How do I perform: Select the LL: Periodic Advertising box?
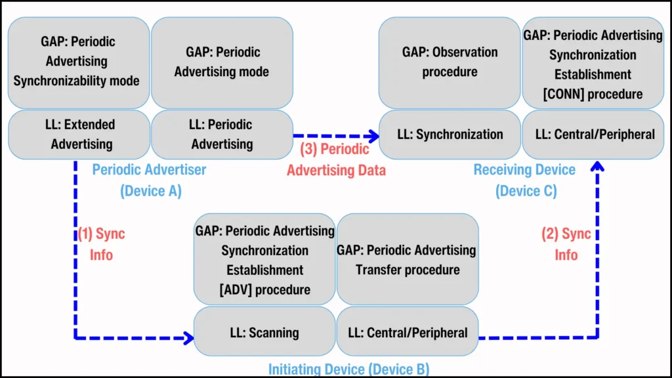pos(222,134)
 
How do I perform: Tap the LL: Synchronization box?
pos(450,135)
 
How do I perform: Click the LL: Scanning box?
pos(264,332)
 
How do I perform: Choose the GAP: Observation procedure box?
pos(450,62)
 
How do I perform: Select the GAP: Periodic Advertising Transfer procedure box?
pos(407,259)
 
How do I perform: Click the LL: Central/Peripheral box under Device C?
pos(593,135)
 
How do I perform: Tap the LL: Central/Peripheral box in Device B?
pos(407,332)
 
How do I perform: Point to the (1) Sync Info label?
pos(102,244)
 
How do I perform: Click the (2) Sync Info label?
pos(566,244)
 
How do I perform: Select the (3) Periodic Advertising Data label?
pos(336,159)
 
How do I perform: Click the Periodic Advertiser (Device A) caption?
pos(149,180)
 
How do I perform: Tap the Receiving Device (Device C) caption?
pos(524,180)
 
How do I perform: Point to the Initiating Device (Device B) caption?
pos(348,369)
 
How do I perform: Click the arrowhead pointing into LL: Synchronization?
pos(374,136)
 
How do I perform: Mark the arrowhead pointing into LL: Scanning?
pos(189,339)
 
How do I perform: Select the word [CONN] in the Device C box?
pos(561,94)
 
